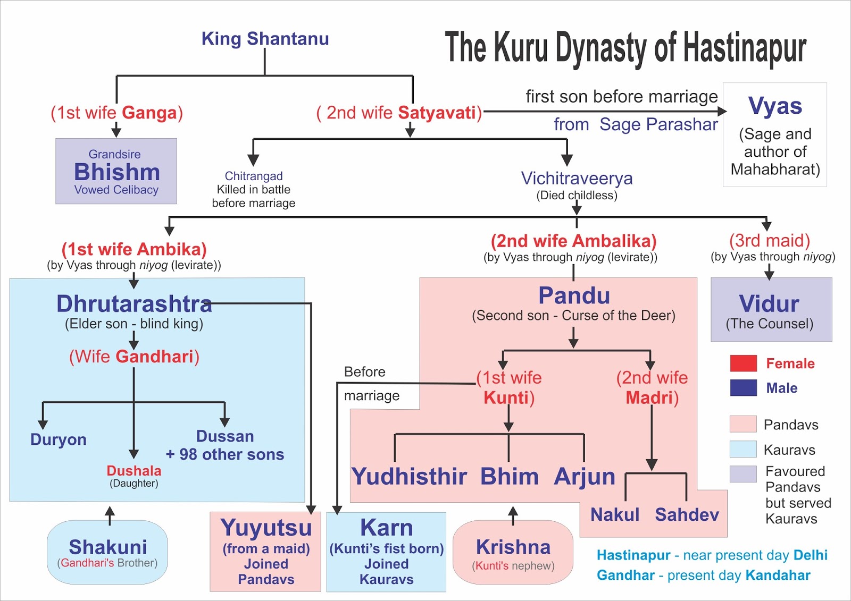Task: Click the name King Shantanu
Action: pos(265,39)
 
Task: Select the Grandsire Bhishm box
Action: pos(116,171)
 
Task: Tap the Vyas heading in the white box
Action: pos(774,106)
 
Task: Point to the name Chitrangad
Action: pos(254,176)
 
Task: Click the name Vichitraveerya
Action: pos(577,179)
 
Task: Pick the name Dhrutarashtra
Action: pos(134,304)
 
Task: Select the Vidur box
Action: pos(771,309)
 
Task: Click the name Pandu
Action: pos(574,295)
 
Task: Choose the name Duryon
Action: pos(59,439)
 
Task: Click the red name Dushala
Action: pos(134,471)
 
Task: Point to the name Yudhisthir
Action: pos(409,476)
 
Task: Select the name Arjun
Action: pos(584,476)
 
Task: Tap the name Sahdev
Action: pos(687,514)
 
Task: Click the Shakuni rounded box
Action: pos(107,552)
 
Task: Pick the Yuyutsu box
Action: pos(265,552)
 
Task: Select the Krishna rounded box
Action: pos(513,552)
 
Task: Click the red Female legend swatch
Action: pos(743,363)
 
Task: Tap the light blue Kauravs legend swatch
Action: pos(743,450)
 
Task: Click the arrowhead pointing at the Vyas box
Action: pos(722,112)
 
